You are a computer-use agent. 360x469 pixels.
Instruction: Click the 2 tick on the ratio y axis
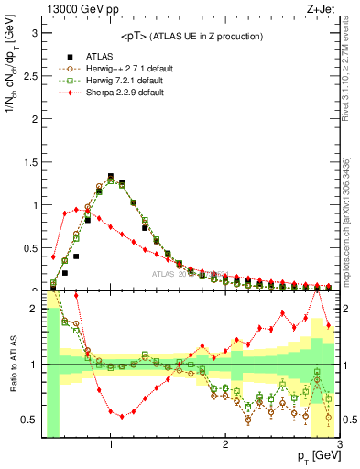(35, 309)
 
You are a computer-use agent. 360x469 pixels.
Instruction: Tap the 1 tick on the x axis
(111, 445)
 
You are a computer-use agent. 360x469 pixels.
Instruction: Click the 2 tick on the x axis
(225, 445)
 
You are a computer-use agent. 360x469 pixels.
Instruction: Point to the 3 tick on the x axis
(339, 445)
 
